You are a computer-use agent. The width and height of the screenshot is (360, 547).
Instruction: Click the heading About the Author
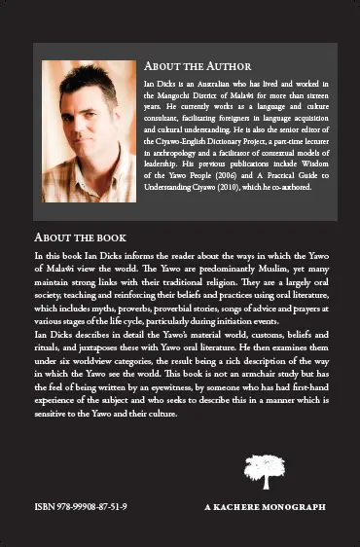198,66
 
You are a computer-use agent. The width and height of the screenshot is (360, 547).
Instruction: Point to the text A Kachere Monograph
265,508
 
